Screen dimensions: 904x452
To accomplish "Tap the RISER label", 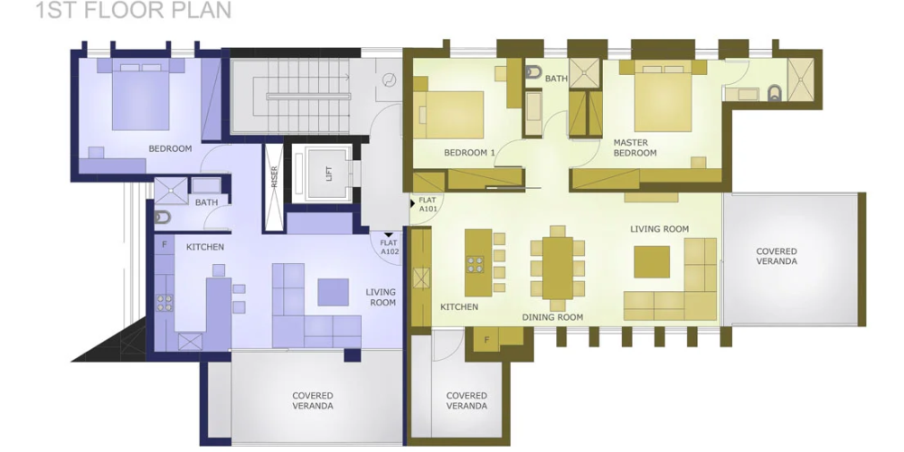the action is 275,176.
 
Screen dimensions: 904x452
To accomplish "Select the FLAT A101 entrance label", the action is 428,204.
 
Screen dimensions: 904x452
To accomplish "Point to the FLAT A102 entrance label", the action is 389,248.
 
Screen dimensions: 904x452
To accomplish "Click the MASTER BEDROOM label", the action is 635,147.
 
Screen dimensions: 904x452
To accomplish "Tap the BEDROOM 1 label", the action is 469,153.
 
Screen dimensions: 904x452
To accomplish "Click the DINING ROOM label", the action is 552,317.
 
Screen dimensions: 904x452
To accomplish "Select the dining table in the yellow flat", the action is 558,268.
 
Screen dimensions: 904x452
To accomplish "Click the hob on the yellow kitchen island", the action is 476,265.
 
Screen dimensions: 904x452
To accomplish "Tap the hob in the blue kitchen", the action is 165,303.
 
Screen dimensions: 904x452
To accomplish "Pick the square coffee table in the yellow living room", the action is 652,262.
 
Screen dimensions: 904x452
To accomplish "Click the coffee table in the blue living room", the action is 334,292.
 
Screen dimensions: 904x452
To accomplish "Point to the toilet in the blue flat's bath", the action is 163,217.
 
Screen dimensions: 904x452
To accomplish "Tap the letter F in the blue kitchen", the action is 165,244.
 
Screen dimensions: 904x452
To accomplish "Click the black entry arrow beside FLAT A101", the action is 412,203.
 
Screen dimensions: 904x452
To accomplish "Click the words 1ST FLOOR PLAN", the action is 133,10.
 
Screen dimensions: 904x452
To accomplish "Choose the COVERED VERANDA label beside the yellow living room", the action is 777,256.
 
